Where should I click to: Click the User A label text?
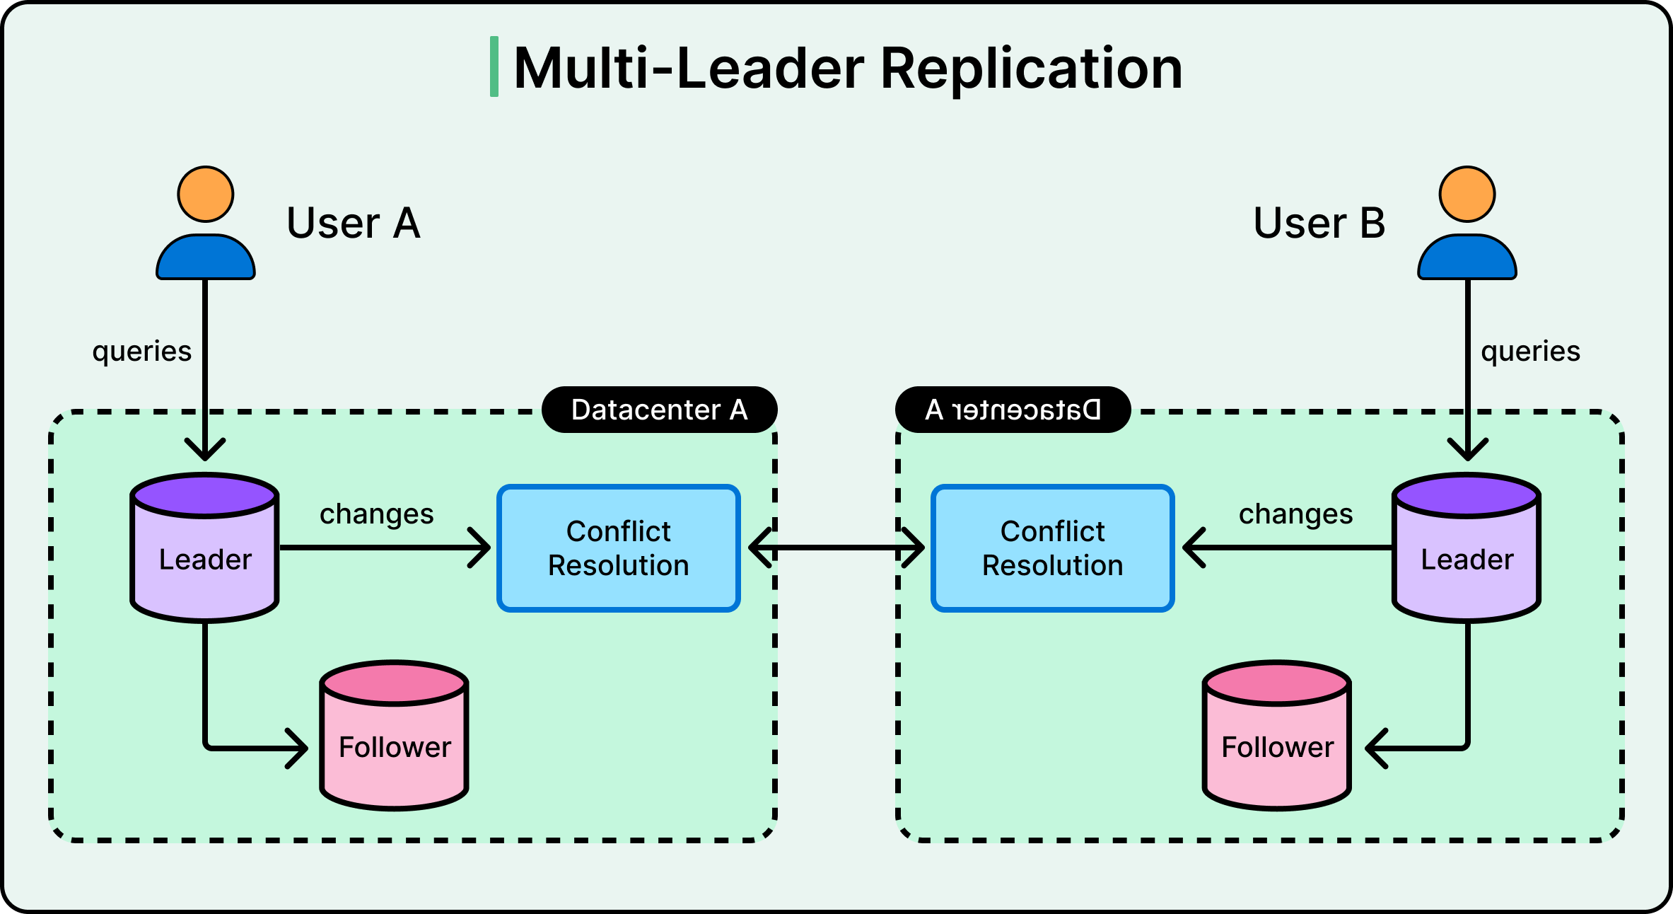[354, 224]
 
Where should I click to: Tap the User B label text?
[1319, 224]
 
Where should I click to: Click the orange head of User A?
[206, 195]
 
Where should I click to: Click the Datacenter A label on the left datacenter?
[659, 410]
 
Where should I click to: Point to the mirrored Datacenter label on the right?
[1013, 410]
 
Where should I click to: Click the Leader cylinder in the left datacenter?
[205, 555]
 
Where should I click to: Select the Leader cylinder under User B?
[1467, 555]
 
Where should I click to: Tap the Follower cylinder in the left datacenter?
[395, 743]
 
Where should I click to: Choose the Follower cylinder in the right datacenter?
[1277, 743]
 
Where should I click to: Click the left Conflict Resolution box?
[619, 548]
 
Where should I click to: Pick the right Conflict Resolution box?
[1053, 548]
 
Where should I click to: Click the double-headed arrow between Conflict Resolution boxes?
[836, 548]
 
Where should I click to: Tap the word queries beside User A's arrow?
[142, 352]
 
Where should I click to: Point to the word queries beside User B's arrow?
[1530, 352]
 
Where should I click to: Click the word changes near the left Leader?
[376, 514]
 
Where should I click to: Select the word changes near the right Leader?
[1295, 514]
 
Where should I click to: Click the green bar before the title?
[494, 66]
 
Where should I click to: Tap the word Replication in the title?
[1031, 69]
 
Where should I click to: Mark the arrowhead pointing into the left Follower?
[300, 748]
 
